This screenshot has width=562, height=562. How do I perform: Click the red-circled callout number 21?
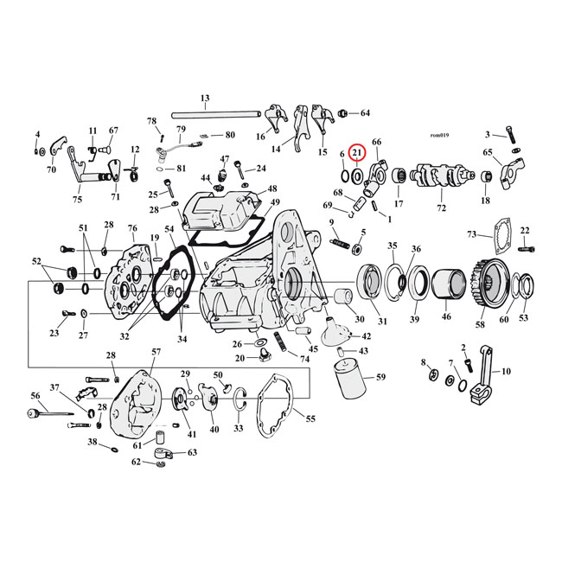(x=357, y=153)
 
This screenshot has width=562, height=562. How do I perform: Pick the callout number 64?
(x=365, y=113)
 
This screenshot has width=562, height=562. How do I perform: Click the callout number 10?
(x=507, y=371)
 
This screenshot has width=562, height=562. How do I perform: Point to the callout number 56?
(x=35, y=396)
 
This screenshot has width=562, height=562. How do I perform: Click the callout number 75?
(x=78, y=200)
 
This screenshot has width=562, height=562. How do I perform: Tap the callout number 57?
(x=156, y=352)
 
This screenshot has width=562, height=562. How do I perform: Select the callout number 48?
(x=272, y=189)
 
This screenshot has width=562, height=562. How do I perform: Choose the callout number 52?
(x=36, y=260)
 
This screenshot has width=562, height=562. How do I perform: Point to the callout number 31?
(x=382, y=322)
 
